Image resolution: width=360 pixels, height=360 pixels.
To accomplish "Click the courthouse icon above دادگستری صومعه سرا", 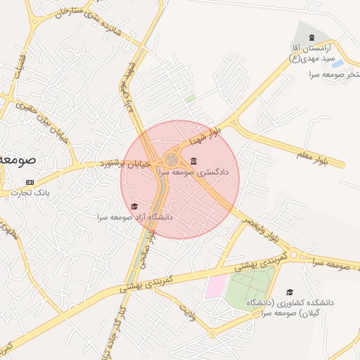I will click(193, 162).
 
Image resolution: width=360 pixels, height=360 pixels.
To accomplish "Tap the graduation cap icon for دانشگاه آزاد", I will click(134, 206).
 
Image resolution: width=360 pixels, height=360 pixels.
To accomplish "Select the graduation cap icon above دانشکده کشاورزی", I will click(290, 292).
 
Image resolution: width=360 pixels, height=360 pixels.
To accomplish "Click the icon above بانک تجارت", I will click(30, 183).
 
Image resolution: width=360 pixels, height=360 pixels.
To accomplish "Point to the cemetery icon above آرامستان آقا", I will click(310, 36).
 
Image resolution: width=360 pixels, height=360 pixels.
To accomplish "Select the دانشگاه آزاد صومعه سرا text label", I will click(135, 217).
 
